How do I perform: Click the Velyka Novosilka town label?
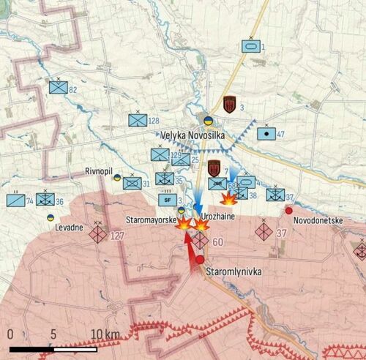tap(195, 135)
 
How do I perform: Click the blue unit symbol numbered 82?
tap(57, 87)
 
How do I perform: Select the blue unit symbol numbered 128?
tap(137, 120)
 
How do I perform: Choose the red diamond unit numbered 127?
tap(98, 235)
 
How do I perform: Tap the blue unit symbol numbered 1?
tap(251, 46)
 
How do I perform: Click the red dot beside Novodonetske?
tap(289, 211)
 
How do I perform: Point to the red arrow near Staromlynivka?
tap(193, 252)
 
